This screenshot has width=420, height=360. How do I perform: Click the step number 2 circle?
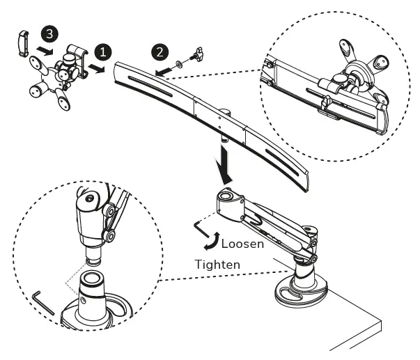161,51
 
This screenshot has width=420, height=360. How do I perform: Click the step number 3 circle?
47,33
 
